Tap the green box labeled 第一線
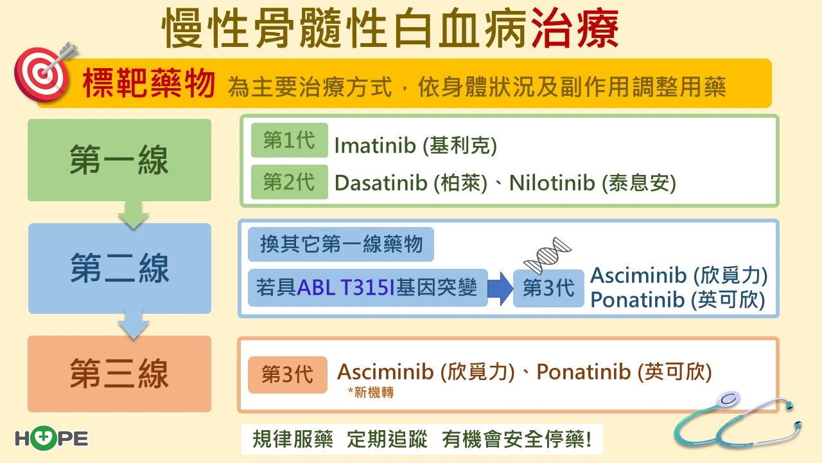click(119, 160)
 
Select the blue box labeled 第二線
click(119, 268)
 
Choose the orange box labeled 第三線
click(119, 374)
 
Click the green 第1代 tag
click(289, 140)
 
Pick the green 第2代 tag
click(289, 182)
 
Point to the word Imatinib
click(374, 145)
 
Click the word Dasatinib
click(381, 183)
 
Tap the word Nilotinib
click(552, 183)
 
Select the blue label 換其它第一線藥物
click(341, 244)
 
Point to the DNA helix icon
click(547, 255)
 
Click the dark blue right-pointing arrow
click(500, 289)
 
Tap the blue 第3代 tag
click(548, 288)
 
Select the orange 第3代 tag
click(287, 375)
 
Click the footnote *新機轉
click(371, 392)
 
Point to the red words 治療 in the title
click(575, 29)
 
